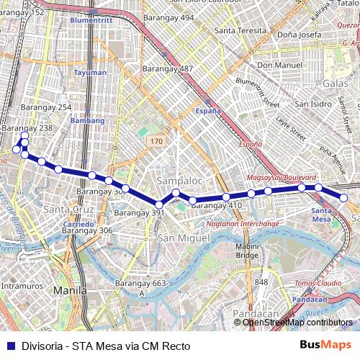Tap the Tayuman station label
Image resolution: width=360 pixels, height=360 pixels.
tap(89, 72)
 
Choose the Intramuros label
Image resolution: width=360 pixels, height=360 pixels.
tap(19, 286)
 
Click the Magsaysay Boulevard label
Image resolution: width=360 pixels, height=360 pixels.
tap(282, 177)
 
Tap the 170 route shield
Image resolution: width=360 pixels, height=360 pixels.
tap(156, 142)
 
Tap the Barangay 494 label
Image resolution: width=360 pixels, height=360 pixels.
tap(168, 17)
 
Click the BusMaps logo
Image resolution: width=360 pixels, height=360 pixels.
tap(325, 346)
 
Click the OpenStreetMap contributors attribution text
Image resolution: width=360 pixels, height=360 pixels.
tap(297, 323)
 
